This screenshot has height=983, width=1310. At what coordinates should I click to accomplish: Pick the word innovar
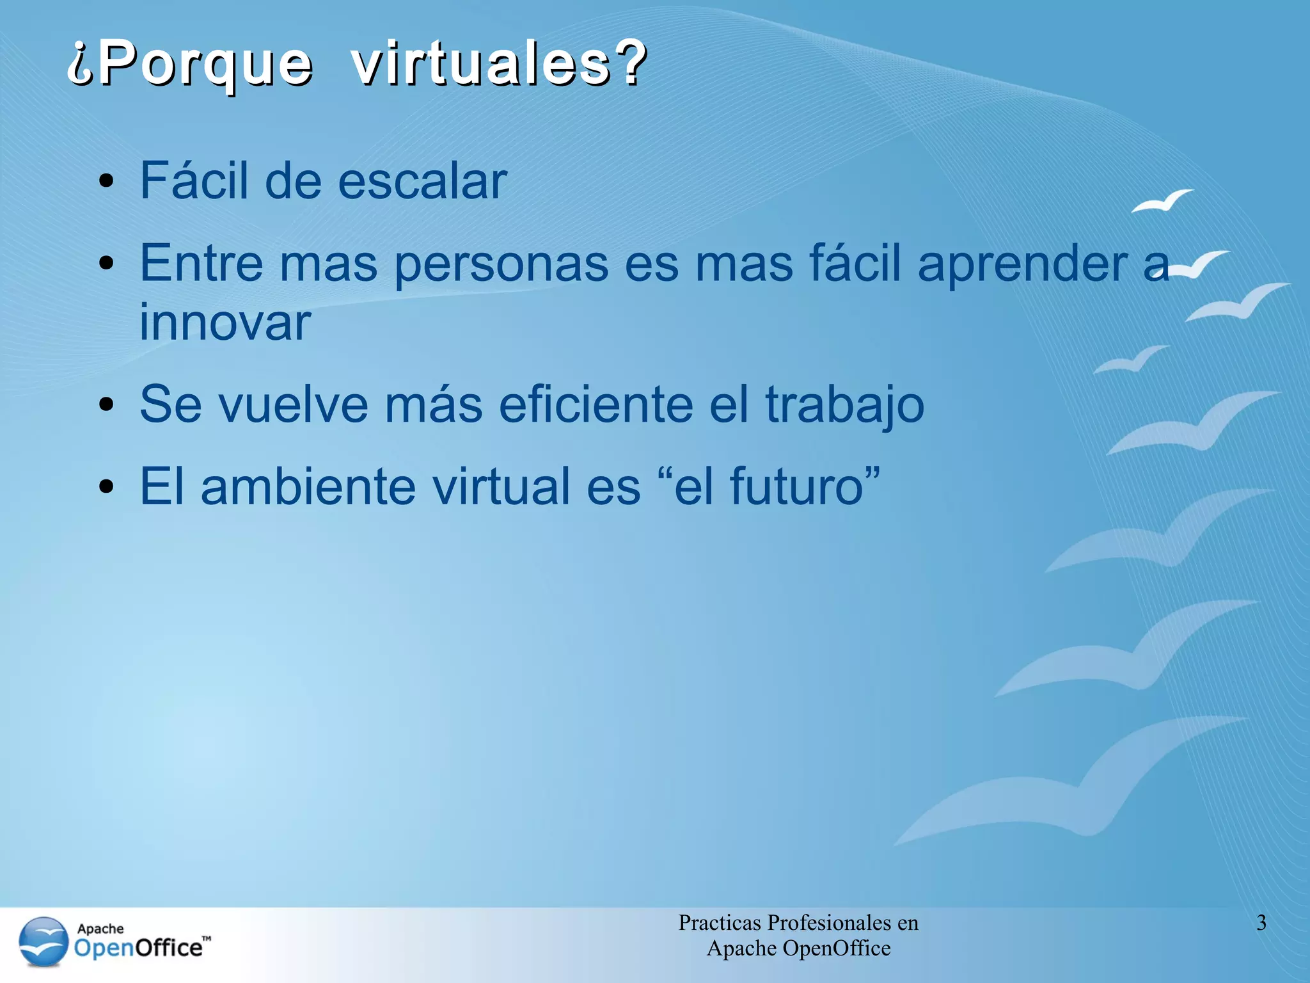click(x=225, y=322)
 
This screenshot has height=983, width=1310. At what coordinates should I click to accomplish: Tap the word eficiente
click(x=596, y=404)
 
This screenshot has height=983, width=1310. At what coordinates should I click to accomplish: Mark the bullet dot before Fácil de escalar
click(x=107, y=182)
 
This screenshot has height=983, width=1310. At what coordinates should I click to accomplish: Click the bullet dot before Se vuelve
click(x=107, y=405)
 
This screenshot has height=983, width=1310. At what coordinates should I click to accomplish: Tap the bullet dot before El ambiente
click(x=107, y=487)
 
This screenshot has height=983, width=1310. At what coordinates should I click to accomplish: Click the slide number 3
click(x=1261, y=923)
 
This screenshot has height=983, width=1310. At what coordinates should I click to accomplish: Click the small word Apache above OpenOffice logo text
click(x=100, y=929)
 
